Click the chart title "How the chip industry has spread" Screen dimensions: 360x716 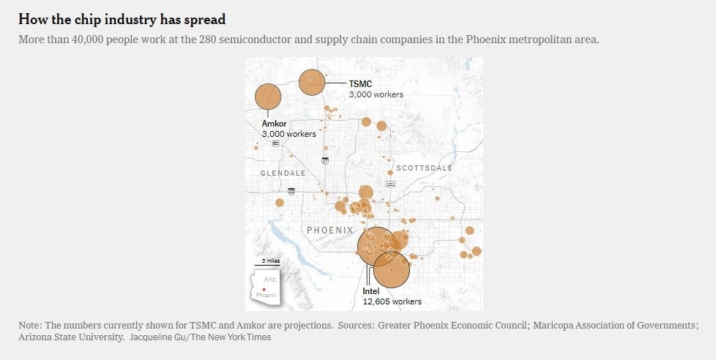click(122, 19)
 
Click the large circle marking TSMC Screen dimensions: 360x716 click(312, 82)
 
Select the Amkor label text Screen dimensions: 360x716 click(274, 124)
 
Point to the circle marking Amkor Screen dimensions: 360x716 click(268, 97)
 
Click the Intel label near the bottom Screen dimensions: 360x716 click(371, 291)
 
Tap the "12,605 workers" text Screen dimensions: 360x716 click(392, 301)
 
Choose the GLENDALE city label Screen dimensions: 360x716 click(283, 173)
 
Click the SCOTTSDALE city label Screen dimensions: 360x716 click(425, 168)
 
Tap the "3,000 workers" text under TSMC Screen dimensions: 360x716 click(376, 94)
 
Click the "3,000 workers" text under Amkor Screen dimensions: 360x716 click(288, 134)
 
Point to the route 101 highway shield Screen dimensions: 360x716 click(390, 184)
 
